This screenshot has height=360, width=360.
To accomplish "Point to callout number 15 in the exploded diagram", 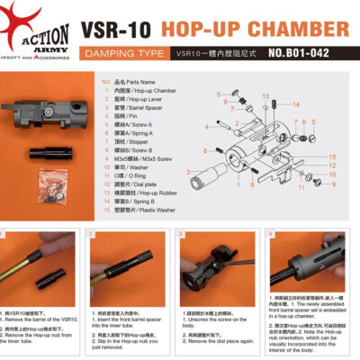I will tap(333, 157).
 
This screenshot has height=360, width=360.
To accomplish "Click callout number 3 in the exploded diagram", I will tap(187, 171).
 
